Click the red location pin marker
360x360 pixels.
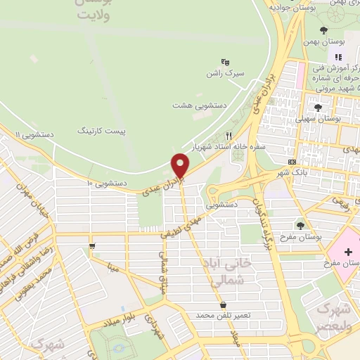181,167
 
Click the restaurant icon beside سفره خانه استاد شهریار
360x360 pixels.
229,136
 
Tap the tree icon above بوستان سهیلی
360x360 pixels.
318,108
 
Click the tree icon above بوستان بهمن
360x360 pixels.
323,30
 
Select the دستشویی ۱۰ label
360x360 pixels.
106,183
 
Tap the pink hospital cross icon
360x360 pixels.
349,252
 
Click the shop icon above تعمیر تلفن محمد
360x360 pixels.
224,305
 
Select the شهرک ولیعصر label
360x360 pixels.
333,318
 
